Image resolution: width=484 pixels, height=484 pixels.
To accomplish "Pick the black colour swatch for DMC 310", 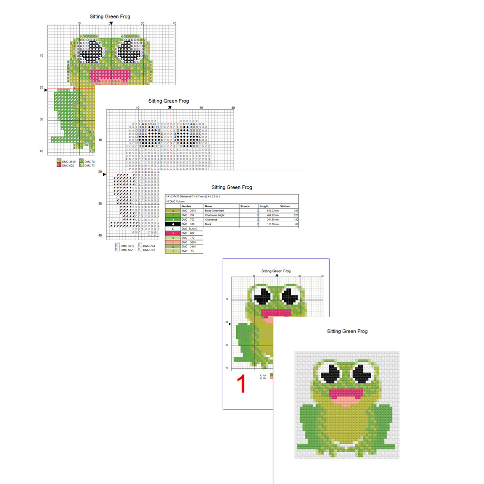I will point(173,225).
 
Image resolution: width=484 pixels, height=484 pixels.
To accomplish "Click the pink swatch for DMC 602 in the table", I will point(173,233).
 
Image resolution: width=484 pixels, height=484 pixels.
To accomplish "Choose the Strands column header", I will point(245,206).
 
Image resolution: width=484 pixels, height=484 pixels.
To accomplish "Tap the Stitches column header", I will point(285,206).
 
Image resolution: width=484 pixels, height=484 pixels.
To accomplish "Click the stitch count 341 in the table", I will point(296,211).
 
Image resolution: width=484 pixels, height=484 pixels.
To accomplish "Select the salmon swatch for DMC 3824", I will point(173,242).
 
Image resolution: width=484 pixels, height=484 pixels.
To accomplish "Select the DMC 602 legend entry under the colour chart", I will point(67,166).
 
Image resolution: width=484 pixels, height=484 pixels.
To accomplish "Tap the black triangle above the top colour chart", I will point(111,23).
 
